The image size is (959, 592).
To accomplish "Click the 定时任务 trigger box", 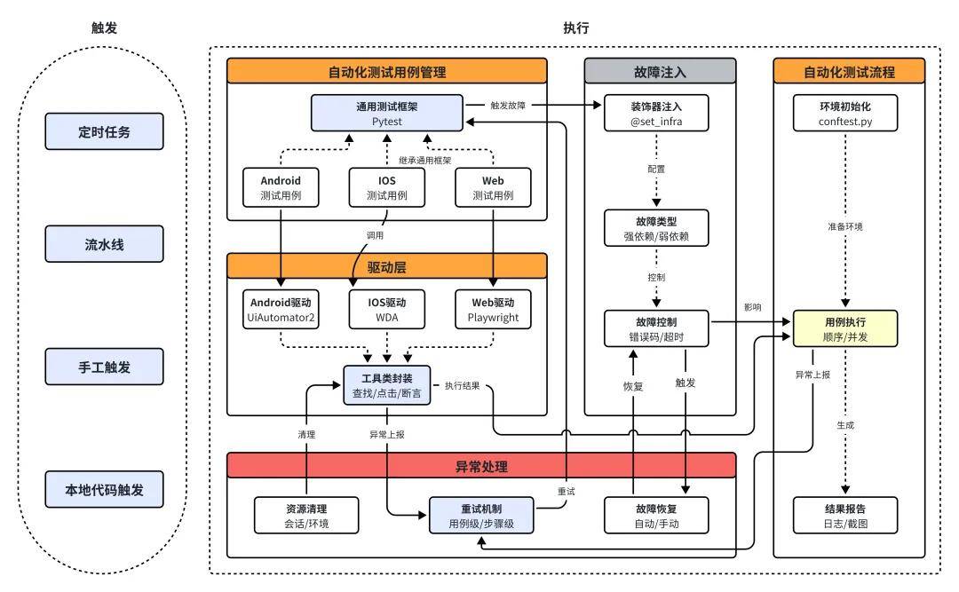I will pos(104,130).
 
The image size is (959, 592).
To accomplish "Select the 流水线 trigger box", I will pos(104,244).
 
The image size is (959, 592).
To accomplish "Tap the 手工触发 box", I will pos(104,367).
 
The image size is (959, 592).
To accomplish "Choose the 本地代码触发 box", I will pos(104,489).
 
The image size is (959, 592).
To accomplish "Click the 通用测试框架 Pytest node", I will pos(387,113).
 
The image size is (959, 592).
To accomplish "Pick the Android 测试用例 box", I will pos(281,187).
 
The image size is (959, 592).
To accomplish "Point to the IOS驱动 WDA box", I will pos(387,307).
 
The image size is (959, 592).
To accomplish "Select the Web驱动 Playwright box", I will pos(493,307).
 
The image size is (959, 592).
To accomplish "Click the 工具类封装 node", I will pos(387,384).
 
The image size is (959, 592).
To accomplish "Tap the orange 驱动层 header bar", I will pos(387,266).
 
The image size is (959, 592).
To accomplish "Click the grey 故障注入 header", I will pos(660,71).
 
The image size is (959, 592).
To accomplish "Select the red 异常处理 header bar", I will pos(482,465).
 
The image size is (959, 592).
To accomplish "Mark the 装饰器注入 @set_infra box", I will pos(656,113).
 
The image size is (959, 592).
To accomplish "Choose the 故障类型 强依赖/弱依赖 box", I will pos(656,227).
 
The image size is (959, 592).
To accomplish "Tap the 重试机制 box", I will pos(482,516).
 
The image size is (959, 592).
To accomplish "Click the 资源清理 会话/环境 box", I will pos(306,516).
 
